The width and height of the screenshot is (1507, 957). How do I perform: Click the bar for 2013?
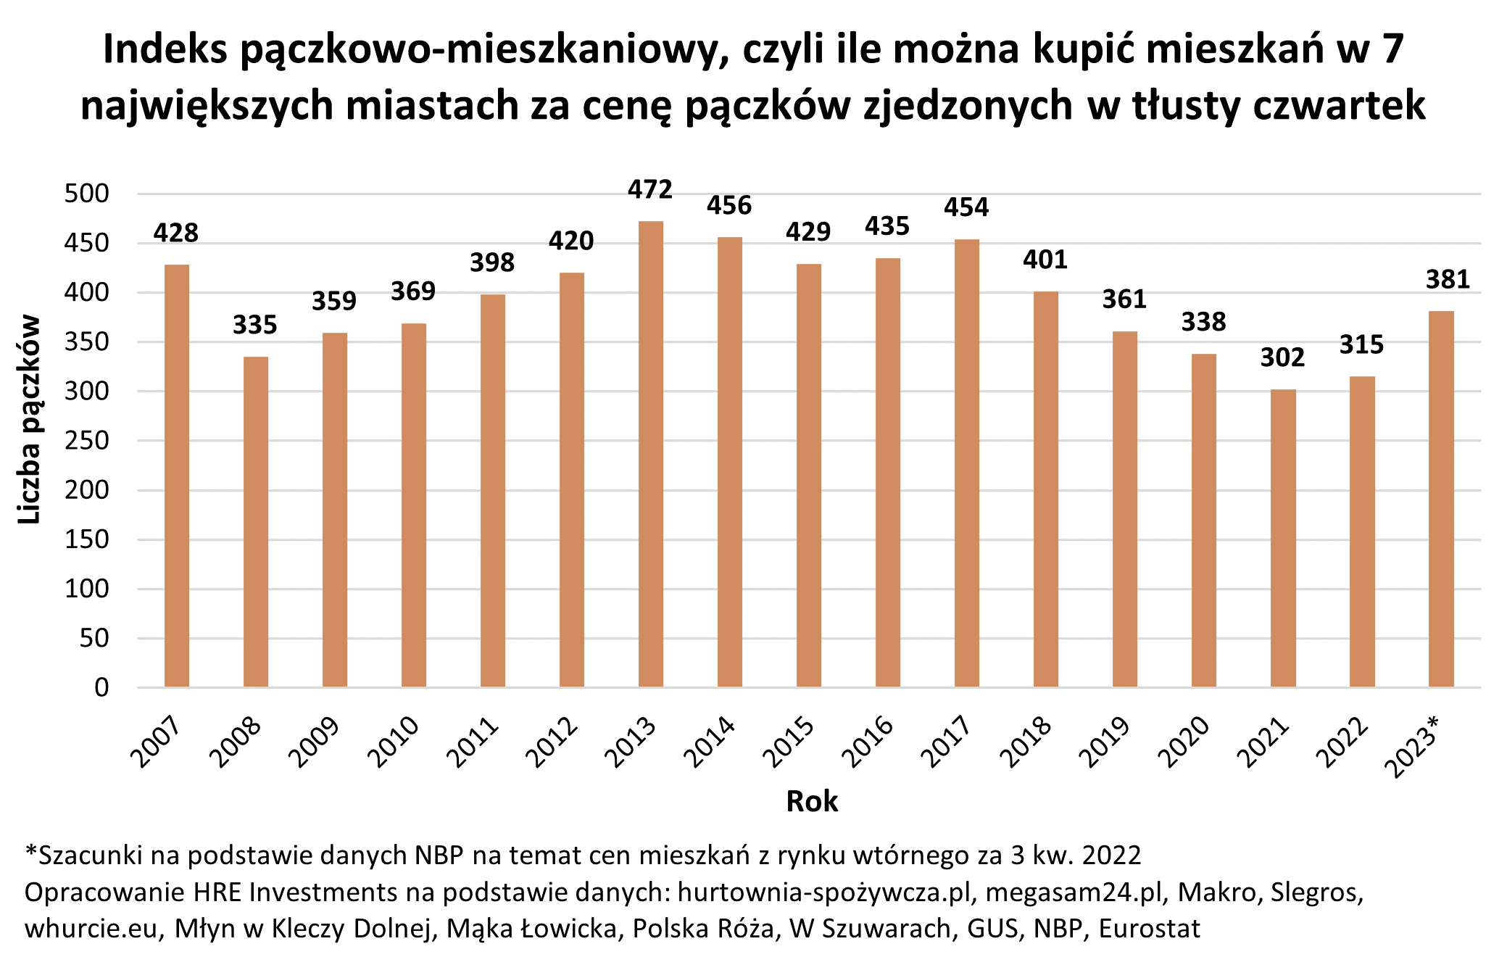click(x=650, y=454)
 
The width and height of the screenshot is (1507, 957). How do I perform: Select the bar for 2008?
click(x=255, y=521)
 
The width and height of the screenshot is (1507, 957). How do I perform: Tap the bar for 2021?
click(x=1282, y=538)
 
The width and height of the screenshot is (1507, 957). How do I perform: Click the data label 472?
click(x=650, y=190)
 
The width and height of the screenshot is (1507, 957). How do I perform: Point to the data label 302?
click(x=1282, y=357)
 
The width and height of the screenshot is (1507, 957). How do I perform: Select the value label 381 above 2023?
click(x=1448, y=280)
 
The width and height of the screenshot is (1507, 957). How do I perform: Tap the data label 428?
click(x=176, y=233)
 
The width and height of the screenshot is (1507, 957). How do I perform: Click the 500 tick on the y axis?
click(x=87, y=194)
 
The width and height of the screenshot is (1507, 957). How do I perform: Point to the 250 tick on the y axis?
click(x=87, y=441)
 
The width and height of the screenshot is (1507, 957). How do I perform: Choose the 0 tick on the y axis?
click(x=101, y=687)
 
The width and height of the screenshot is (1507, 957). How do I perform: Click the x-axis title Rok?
click(x=812, y=802)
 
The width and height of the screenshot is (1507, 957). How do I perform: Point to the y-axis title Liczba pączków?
click(x=30, y=419)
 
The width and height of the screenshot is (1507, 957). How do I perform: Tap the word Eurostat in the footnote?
click(x=1150, y=929)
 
